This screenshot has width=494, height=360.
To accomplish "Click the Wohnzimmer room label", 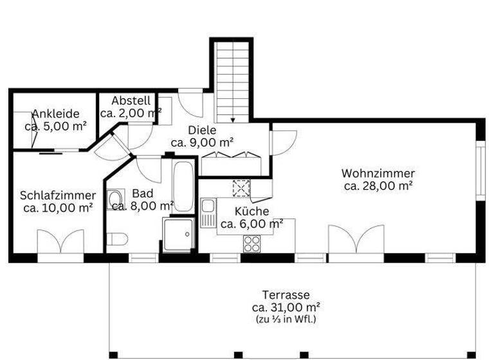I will tap(378, 173).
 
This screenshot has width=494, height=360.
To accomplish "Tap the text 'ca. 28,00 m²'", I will tap(378, 186).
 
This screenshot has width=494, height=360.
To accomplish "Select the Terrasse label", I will tap(286, 294).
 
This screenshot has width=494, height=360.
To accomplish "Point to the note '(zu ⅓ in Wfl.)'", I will tap(286, 319).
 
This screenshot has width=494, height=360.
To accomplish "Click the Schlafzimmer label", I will tap(58, 195).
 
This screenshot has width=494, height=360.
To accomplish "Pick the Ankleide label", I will tap(55, 114).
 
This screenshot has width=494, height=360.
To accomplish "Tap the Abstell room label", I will tap(131, 101).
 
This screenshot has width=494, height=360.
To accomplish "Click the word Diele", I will tap(201, 130).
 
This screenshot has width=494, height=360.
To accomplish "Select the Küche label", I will tap(252, 212).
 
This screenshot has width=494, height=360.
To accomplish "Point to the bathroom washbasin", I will tap(115, 197).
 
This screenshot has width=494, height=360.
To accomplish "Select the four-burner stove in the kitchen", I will tap(250, 244).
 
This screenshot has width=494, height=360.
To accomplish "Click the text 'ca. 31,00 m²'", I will tap(286, 307).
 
